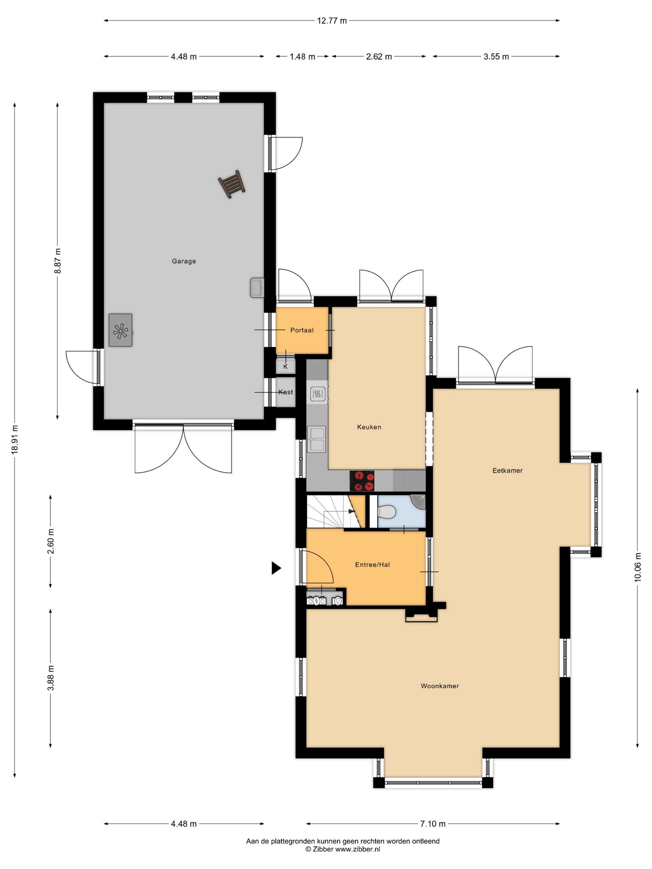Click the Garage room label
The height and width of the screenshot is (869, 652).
coord(184,261)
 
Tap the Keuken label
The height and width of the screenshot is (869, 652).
coord(369,427)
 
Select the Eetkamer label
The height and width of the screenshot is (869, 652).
coord(507,471)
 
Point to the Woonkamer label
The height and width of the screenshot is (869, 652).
coord(440,686)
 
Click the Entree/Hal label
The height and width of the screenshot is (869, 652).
coord(372,565)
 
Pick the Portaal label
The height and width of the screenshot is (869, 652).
coord(302,330)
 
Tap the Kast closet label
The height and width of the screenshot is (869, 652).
coord(286,392)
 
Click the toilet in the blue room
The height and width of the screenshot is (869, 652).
coord(386,512)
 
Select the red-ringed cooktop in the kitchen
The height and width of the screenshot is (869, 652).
coord(362,481)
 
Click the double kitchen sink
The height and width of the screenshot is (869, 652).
coord(316,439)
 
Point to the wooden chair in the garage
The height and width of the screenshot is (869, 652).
coord(232,184)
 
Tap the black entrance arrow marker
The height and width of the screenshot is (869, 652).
coord(276,568)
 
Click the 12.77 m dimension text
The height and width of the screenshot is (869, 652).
coord(332,20)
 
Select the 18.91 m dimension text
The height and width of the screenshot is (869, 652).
coord(15,440)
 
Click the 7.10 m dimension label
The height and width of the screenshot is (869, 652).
coord(433,824)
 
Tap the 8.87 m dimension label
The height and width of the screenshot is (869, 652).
coord(58,261)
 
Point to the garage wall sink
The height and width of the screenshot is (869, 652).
coord(257,288)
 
